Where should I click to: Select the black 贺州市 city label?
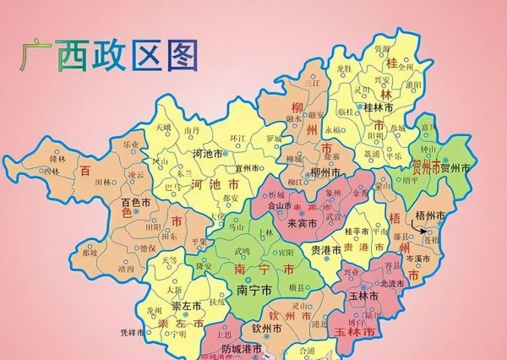pos(454,170)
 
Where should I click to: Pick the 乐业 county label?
pos(130,145)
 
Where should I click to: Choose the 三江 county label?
pos(313,82)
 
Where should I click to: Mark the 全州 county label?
pos(406,66)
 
